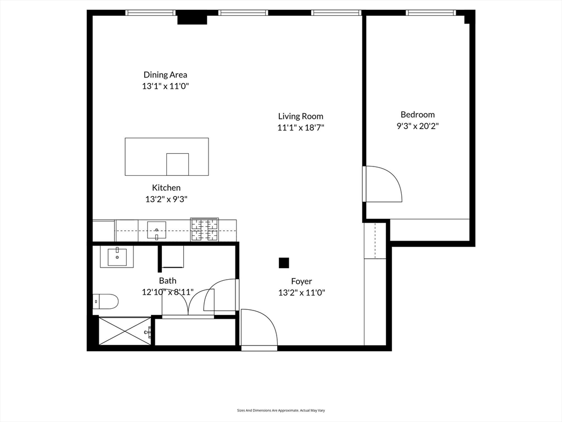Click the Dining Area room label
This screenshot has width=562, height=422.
coord(165,75)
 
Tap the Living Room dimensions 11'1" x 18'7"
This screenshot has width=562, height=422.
coord(301,127)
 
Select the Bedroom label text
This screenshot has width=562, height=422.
coord(418,114)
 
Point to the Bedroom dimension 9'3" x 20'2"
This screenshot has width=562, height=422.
coord(418,126)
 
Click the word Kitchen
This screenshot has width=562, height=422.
coord(166,188)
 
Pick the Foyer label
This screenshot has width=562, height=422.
coord(301,281)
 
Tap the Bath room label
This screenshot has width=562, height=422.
coord(167,281)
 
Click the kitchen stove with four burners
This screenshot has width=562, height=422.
coord(204,230)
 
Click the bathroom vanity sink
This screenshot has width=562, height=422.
coord(117,256)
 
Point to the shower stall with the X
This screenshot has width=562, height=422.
coord(125,331)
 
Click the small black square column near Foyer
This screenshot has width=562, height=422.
coord(284,263)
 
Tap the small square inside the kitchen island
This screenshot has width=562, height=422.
coord(177,164)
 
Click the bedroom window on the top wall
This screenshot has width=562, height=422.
coord(430,13)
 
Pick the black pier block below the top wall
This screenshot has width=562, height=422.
coord(192,19)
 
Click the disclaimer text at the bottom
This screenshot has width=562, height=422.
coord(280,410)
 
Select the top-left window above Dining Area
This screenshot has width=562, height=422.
coord(150,13)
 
